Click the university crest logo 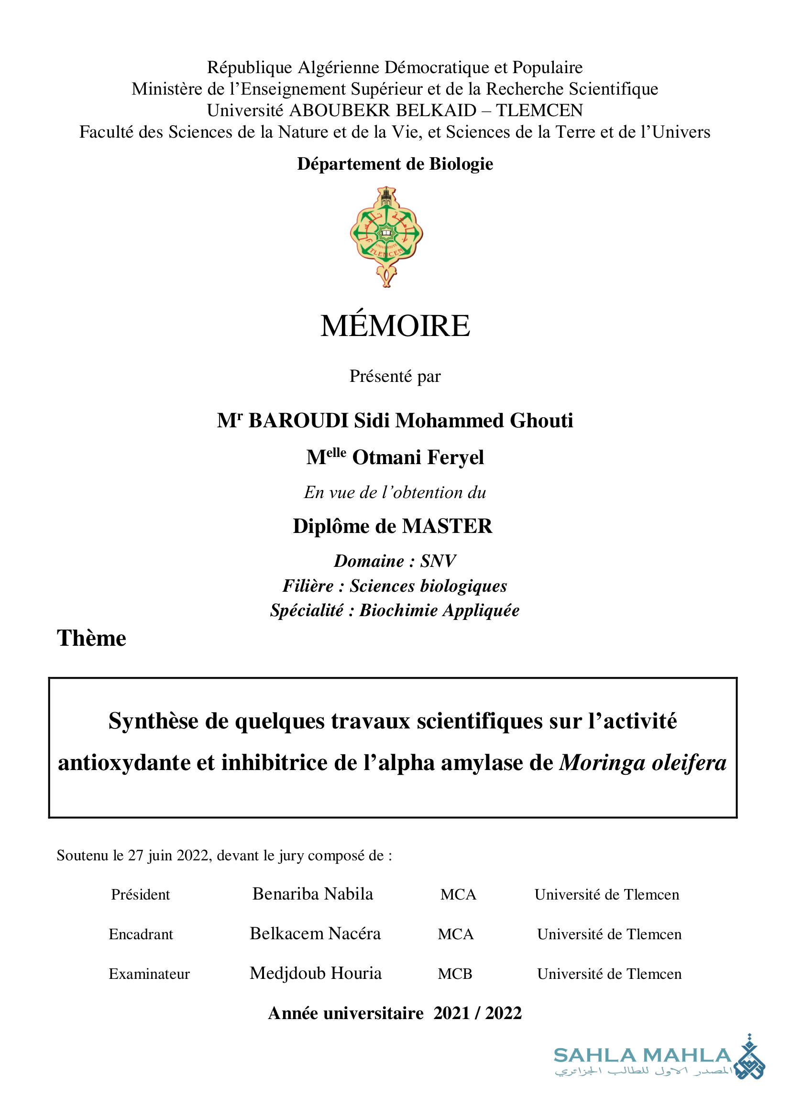[386, 236]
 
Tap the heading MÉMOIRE [395, 326]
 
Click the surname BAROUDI [298, 421]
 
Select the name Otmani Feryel [417, 458]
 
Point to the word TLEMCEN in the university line [539, 110]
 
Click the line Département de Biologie [395, 164]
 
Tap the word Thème [91, 638]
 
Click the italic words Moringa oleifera [642, 762]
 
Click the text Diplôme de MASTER [393, 526]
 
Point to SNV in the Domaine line [438, 561]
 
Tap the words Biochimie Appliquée [439, 610]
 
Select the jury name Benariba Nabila [313, 894]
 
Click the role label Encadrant [141, 934]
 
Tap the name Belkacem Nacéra [315, 933]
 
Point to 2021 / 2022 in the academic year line [477, 1013]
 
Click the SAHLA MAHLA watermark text [642, 1056]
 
